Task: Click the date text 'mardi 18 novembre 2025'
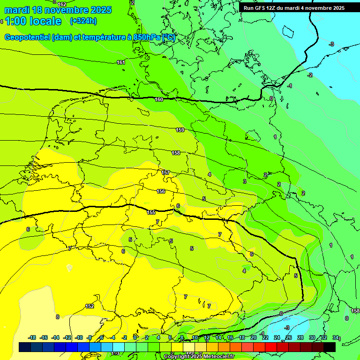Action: click(x=58, y=10)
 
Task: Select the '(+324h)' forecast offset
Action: click(x=83, y=21)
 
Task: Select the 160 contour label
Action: click(x=159, y=99)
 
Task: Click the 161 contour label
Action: click(x=121, y=62)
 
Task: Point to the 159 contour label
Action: click(x=180, y=130)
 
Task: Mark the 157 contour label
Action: click(x=165, y=172)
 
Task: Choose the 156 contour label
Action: click(x=161, y=191)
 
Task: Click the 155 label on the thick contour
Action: click(x=151, y=212)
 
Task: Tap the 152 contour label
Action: click(x=90, y=306)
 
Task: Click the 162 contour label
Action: click(x=61, y=4)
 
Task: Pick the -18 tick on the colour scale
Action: click(x=32, y=337)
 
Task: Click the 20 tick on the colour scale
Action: click(x=253, y=337)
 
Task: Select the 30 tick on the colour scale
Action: click(x=312, y=337)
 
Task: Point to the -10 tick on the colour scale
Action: click(x=79, y=337)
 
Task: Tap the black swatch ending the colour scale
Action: click(x=330, y=347)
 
